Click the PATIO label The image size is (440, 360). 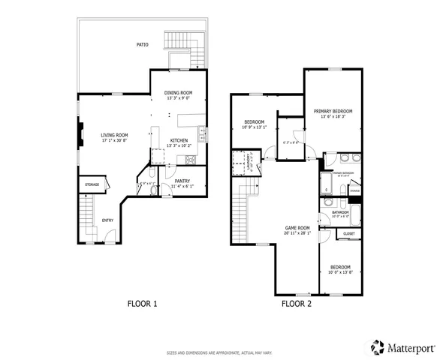pyautogui.click(x=142, y=44)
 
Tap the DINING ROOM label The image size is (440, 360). pyautogui.click(x=179, y=92)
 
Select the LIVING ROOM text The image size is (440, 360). pyautogui.click(x=115, y=135)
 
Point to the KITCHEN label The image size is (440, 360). pyautogui.click(x=179, y=140)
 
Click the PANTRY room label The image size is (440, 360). pyautogui.click(x=182, y=181)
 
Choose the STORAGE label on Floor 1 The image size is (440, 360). pyautogui.click(x=92, y=184)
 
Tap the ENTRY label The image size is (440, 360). pyautogui.click(x=108, y=220)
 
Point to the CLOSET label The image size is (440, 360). pyautogui.click(x=349, y=235)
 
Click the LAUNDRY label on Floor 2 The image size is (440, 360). pyautogui.click(x=249, y=161)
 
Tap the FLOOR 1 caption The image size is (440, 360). pyautogui.click(x=141, y=304)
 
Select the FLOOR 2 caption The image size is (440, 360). pyautogui.click(x=296, y=304)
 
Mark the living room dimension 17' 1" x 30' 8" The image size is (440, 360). pyautogui.click(x=115, y=141)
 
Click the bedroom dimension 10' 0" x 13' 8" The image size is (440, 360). pyautogui.click(x=341, y=272)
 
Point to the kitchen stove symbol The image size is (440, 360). pyautogui.click(x=189, y=160)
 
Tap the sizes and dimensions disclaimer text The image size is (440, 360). pyautogui.click(x=219, y=351)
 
